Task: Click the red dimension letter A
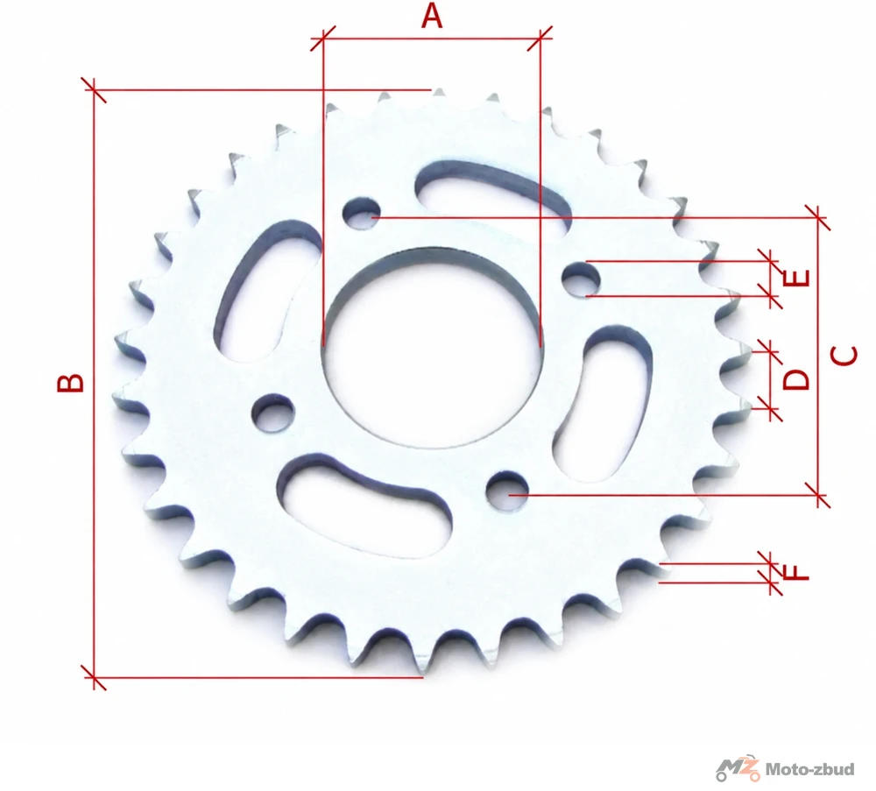[431, 16]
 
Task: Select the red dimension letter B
[71, 383]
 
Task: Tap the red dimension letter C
[844, 356]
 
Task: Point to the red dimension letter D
[795, 378]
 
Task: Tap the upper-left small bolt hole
[362, 214]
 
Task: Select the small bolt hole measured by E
[581, 279]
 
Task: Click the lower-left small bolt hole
[273, 413]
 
